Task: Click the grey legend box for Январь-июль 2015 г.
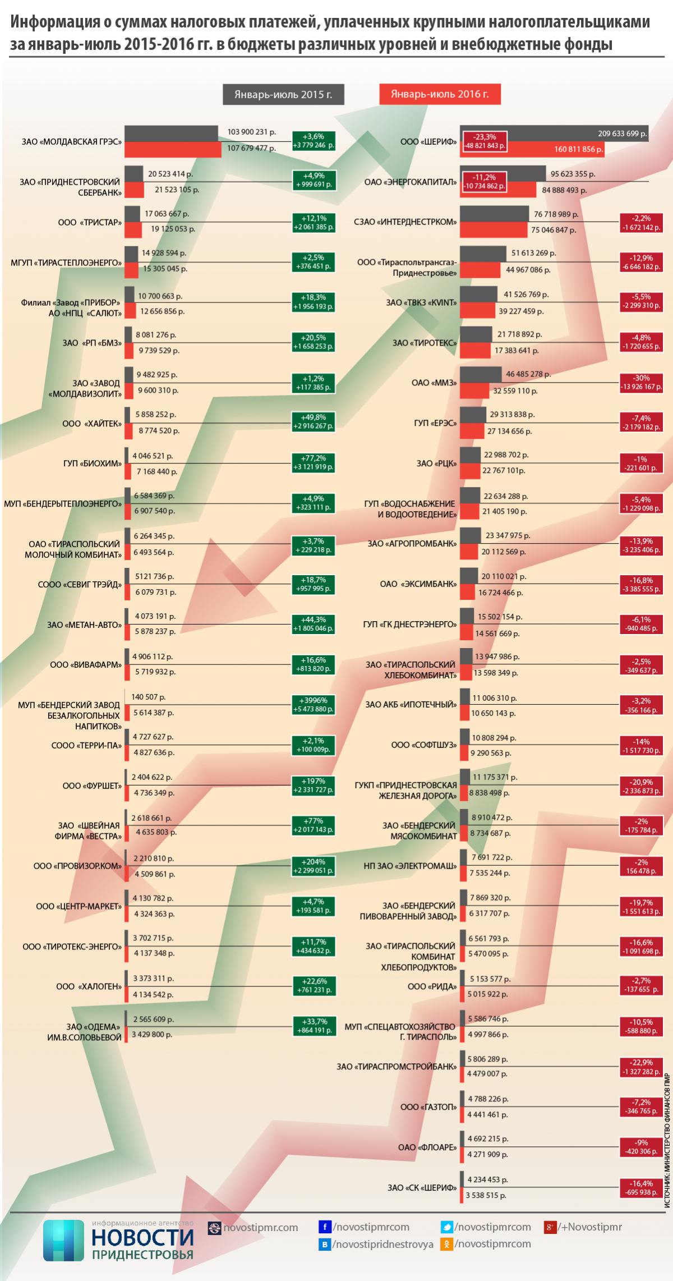(283, 94)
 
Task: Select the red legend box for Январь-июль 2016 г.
(440, 94)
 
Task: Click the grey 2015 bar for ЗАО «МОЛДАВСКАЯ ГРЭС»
(171, 134)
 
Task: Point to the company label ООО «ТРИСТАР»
(90, 222)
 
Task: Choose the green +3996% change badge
(314, 704)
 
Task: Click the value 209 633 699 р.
(622, 134)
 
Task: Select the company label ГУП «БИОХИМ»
(93, 463)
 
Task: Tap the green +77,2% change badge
(314, 462)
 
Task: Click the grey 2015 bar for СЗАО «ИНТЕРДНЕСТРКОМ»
(494, 214)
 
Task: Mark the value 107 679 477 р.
(251, 149)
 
